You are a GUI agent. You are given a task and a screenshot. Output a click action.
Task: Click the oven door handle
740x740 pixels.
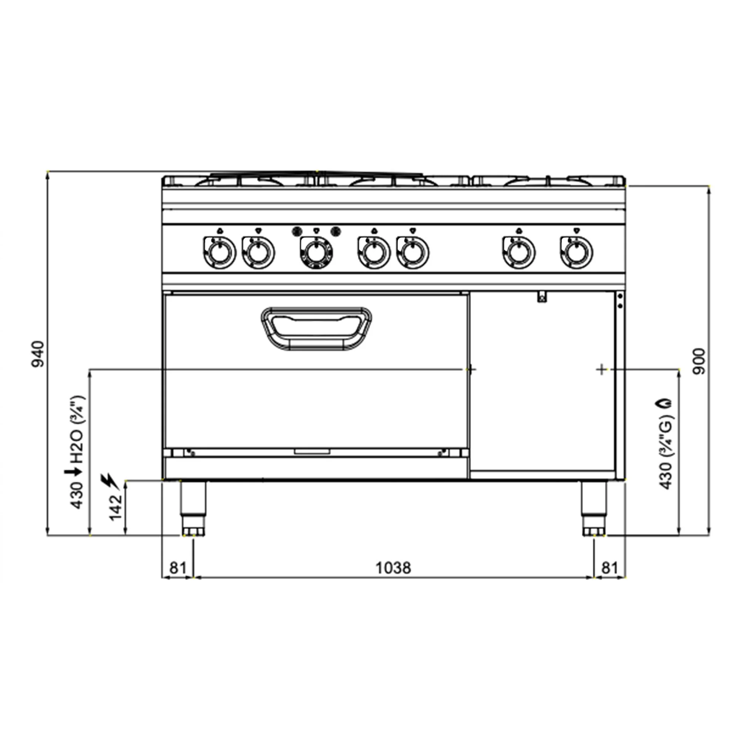click(x=316, y=328)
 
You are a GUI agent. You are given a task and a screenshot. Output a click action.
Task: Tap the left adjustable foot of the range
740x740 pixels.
click(x=193, y=508)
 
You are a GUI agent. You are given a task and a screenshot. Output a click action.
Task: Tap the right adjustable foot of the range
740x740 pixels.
click(x=594, y=508)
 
